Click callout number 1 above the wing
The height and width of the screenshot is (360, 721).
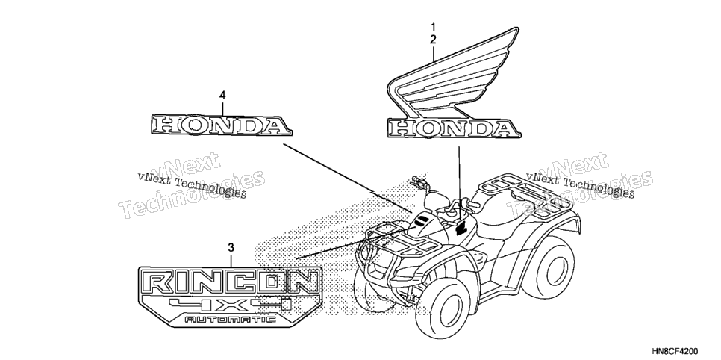(433, 26)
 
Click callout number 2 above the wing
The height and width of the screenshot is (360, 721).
(433, 40)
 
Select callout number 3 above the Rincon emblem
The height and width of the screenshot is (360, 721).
(231, 248)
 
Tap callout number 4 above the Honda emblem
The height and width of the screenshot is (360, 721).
(222, 96)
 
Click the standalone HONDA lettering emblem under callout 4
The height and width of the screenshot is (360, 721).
(221, 125)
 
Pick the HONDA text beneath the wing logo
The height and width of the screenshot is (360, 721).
(454, 128)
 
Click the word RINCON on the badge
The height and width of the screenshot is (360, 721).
(230, 282)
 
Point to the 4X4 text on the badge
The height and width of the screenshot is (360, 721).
(230, 304)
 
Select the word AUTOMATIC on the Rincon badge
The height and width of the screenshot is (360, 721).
(230, 319)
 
